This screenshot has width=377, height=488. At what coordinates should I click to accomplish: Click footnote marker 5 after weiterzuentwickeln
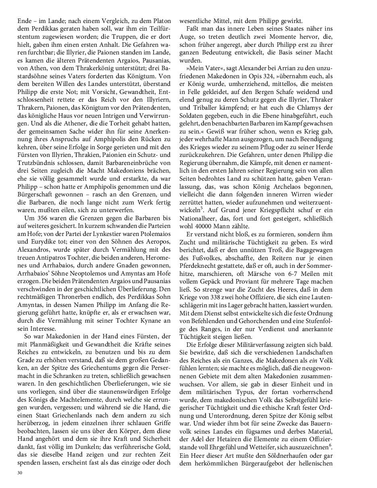coord(202,209)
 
